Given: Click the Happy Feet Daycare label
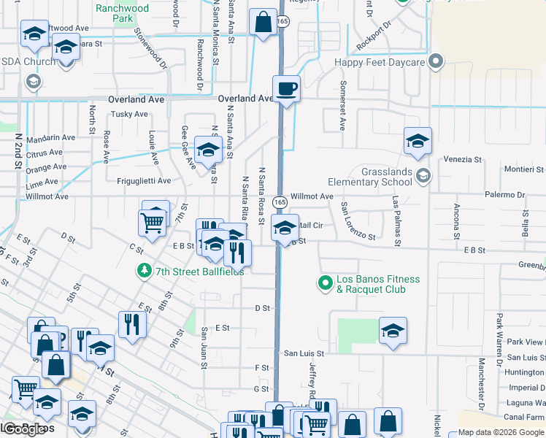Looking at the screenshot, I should click(380, 63).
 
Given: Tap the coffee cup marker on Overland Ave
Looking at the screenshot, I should click(286, 89).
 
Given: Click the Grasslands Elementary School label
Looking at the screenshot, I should click(386, 177).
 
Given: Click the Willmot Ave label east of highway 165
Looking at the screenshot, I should click(312, 196).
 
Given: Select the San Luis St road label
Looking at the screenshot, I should click(303, 353).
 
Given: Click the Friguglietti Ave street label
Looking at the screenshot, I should click(144, 181).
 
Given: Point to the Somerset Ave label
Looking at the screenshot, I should click(342, 105).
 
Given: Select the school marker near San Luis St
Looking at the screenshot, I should click(393, 331).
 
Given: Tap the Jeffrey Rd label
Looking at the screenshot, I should click(312, 380).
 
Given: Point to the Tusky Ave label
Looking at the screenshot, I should click(131, 114).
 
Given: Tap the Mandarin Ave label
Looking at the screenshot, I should click(50, 137).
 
